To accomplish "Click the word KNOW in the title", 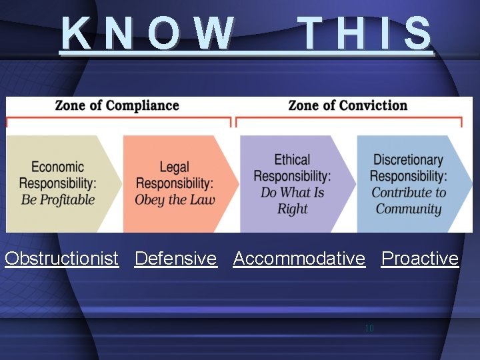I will pyautogui.click(x=148, y=33).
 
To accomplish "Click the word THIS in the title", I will pyautogui.click(x=365, y=33).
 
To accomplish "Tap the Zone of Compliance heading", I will pyautogui.click(x=117, y=105).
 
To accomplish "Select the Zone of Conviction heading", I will pyautogui.click(x=347, y=105).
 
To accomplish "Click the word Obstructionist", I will pyautogui.click(x=61, y=259).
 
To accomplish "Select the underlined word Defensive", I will pyautogui.click(x=175, y=259).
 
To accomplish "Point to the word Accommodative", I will pyautogui.click(x=299, y=259).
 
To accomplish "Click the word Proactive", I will pyautogui.click(x=420, y=259).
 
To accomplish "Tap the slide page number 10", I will pyautogui.click(x=369, y=329).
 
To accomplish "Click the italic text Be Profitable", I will pyautogui.click(x=58, y=199).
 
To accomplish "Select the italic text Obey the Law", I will pyautogui.click(x=175, y=199).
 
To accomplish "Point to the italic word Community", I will pyautogui.click(x=409, y=209).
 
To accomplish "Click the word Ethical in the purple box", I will pyautogui.click(x=292, y=160).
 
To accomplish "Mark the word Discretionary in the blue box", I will pyautogui.click(x=408, y=160).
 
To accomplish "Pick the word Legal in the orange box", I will pyautogui.click(x=175, y=167).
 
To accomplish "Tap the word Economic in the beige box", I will pyautogui.click(x=58, y=167).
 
